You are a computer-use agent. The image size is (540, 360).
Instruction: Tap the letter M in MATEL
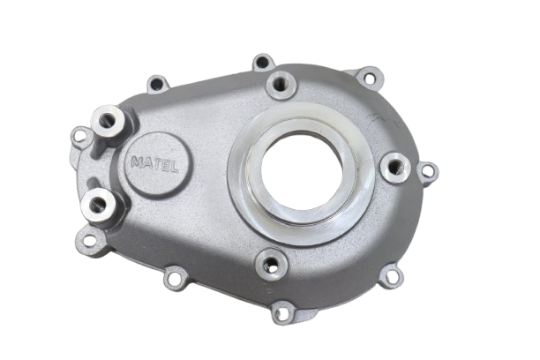tap(137, 162)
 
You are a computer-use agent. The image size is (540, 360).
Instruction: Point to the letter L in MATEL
tap(174, 168)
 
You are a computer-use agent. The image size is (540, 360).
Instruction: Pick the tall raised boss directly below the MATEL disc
tap(98, 206)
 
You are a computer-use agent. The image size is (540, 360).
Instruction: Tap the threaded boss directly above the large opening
tap(281, 85)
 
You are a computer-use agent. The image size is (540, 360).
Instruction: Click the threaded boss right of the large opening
tap(395, 168)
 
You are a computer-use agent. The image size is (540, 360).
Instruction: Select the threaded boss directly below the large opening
tap(272, 264)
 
